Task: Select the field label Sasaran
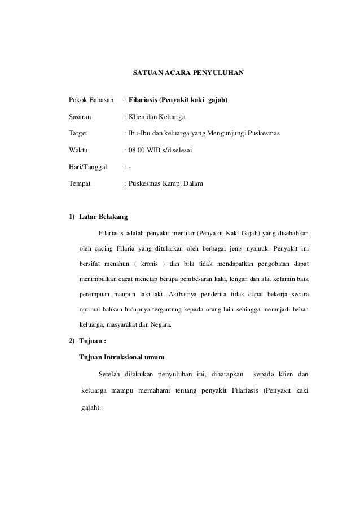point(81,117)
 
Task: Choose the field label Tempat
point(80,184)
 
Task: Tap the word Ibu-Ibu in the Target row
point(139,134)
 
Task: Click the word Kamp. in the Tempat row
point(179,184)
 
